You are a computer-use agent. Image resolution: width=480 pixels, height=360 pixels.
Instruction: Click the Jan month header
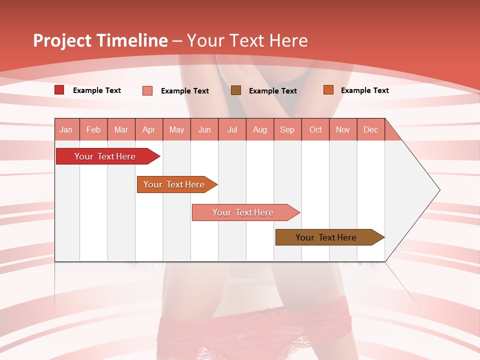[x=66, y=129]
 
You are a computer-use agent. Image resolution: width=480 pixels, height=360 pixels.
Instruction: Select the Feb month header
[x=93, y=129]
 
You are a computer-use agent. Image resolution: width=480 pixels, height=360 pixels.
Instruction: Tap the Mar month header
[x=121, y=129]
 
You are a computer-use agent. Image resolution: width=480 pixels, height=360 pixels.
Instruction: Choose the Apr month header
[x=148, y=129]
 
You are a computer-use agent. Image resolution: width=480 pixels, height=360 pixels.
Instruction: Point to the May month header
[x=176, y=129]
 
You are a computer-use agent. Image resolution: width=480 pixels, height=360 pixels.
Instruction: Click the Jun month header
[x=204, y=129]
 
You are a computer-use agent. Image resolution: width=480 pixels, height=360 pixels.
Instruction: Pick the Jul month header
[x=232, y=129]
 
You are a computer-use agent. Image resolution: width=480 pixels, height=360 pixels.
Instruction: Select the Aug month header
[x=259, y=129]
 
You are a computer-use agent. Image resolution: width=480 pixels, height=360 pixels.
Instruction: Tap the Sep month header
[x=287, y=129]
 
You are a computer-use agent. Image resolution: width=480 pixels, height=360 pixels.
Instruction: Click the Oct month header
[x=315, y=129]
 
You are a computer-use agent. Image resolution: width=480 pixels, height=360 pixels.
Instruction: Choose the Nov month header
[x=342, y=129]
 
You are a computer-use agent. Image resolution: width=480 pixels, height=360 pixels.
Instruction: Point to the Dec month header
[x=370, y=129]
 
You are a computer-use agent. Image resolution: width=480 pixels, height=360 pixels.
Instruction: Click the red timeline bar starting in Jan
[x=105, y=156]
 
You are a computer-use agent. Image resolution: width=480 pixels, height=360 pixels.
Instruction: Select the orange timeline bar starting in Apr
[x=174, y=184]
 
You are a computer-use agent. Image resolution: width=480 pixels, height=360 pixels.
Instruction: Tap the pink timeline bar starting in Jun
[x=243, y=212]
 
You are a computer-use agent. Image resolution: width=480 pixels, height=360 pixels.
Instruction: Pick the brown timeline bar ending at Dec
[x=326, y=237]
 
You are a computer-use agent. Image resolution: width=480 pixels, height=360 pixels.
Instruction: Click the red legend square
[x=59, y=90]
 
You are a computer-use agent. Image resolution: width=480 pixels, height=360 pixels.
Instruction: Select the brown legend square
[x=236, y=90]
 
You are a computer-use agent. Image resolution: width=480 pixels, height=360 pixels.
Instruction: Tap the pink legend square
[x=147, y=90]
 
